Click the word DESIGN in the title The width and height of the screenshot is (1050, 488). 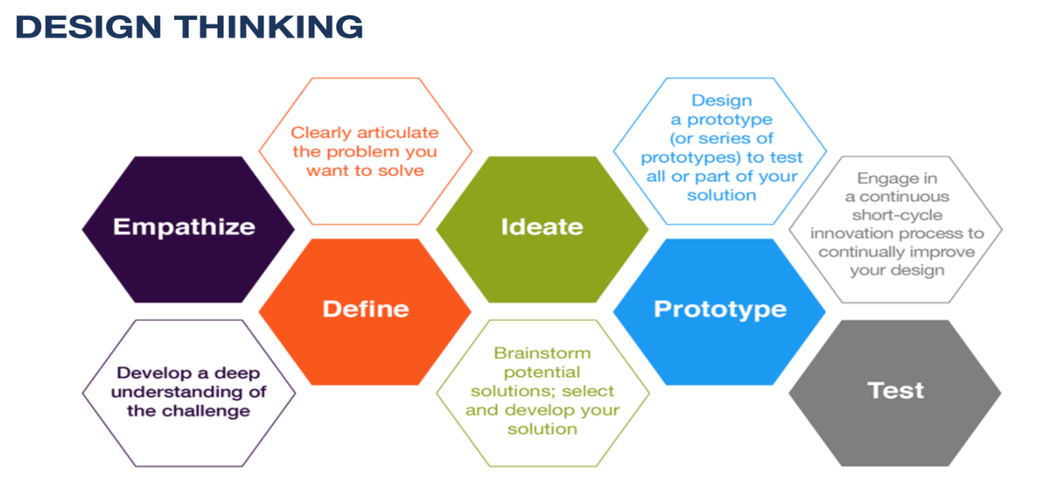88,27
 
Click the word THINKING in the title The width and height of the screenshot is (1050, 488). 269,27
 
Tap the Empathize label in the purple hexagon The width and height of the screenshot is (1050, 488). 185,227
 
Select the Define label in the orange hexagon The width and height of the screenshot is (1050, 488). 366,309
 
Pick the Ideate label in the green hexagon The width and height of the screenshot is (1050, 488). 542,227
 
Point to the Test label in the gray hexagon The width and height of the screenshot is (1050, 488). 895,390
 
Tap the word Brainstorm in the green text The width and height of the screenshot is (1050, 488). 542,352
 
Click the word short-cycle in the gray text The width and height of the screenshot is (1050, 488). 897,215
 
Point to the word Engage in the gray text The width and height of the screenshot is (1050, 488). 884,179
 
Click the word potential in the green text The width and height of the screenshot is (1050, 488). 542,373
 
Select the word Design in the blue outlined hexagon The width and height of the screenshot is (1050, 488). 722,101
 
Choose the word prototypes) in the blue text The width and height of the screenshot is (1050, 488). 691,158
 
